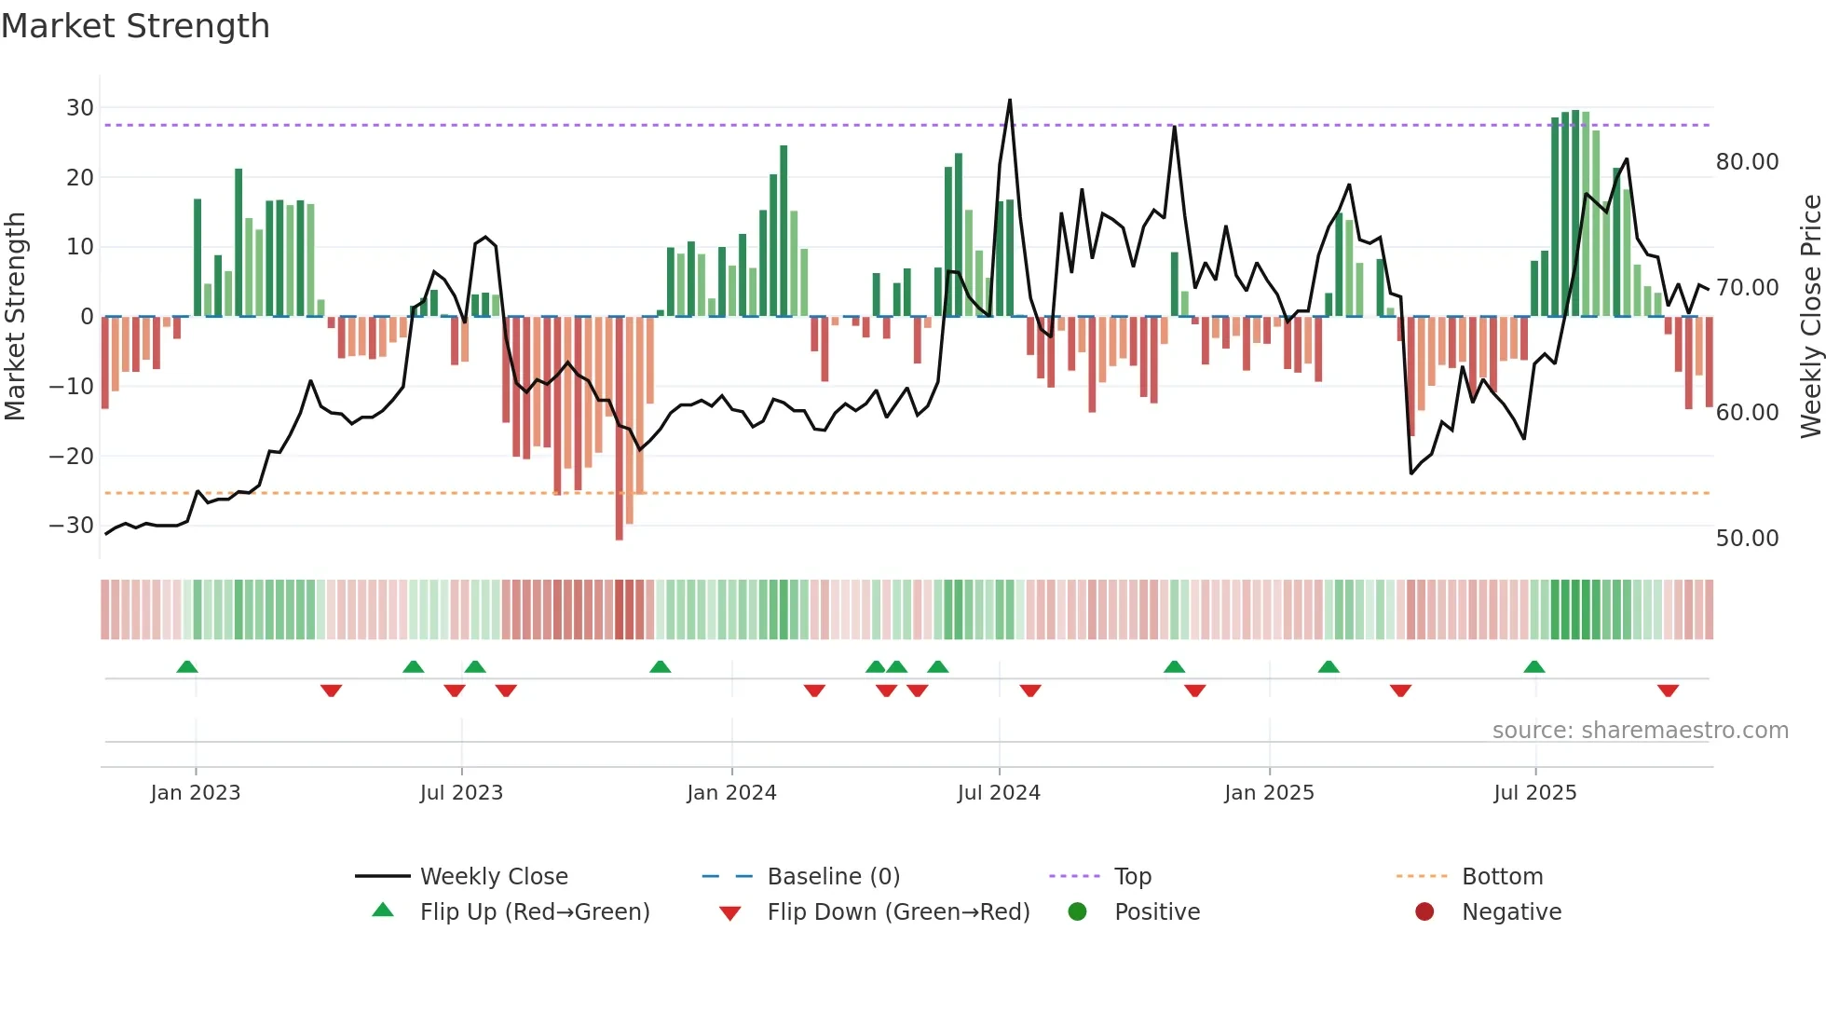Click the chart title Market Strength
click(x=135, y=26)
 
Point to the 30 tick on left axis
click(x=80, y=108)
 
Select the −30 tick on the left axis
click(x=72, y=526)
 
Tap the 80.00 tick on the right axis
click(x=1747, y=162)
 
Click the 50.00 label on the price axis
click(x=1747, y=539)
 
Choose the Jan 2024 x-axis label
click(x=731, y=793)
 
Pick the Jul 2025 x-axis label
click(x=1534, y=793)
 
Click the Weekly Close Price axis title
click(x=1810, y=317)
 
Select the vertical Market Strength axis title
click(x=16, y=317)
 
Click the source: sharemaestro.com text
click(x=1640, y=731)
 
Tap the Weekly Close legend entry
click(x=493, y=877)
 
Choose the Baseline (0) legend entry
click(x=833, y=877)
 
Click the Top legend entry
click(x=1132, y=877)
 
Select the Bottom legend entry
click(x=1502, y=877)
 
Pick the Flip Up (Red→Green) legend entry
click(x=534, y=912)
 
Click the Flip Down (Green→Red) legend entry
click(x=898, y=912)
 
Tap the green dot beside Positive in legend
click(x=1077, y=912)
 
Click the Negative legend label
click(x=1511, y=912)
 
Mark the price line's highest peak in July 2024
click(x=1010, y=101)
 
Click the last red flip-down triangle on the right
click(x=1668, y=691)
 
